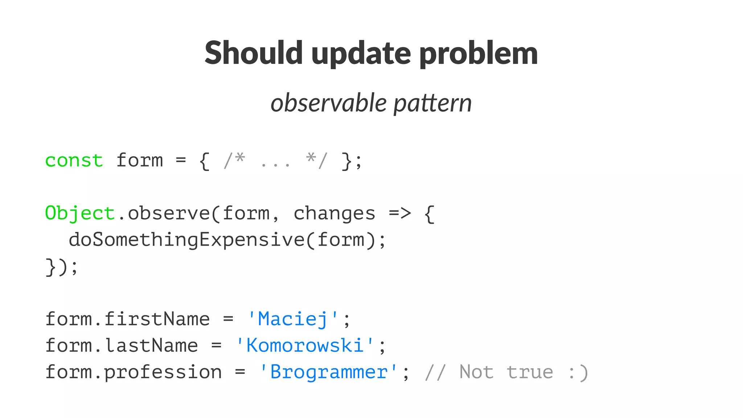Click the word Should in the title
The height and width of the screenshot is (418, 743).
coord(253,53)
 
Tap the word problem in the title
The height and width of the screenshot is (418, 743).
coord(479,54)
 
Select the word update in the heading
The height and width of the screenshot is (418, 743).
coord(361,54)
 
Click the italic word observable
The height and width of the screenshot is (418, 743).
coord(329,103)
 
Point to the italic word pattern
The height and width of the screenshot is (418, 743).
coord(432,103)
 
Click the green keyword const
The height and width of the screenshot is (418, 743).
coord(74,160)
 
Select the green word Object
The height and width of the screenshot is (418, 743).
coord(80,213)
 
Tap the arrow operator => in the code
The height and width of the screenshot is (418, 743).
coord(400,213)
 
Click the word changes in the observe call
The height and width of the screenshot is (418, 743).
coord(334,213)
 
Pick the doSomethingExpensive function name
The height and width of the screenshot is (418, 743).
coord(186,240)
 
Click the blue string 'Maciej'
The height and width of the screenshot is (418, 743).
coord(293,319)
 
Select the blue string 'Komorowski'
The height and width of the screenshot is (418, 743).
coord(305,345)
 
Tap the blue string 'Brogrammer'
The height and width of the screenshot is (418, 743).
coord(329,372)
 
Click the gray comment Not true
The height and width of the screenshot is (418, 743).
coord(506,372)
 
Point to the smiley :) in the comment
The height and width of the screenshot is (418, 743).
coord(578,373)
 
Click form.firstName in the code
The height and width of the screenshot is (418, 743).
coord(127,319)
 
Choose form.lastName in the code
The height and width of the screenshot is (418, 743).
coord(122,345)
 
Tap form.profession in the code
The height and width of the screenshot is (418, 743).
coord(134,372)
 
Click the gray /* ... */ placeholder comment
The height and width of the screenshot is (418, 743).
coord(275,160)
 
